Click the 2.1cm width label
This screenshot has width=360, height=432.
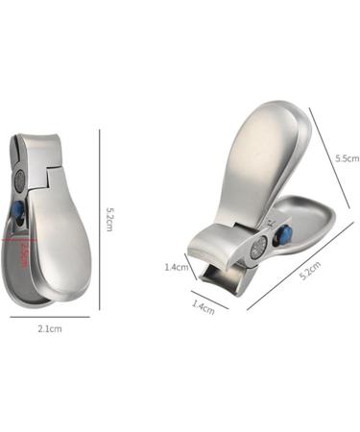(50, 328)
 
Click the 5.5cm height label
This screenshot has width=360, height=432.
(347, 158)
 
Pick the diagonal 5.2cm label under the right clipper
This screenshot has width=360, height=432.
(309, 273)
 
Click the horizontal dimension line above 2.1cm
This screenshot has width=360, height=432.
(50, 316)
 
